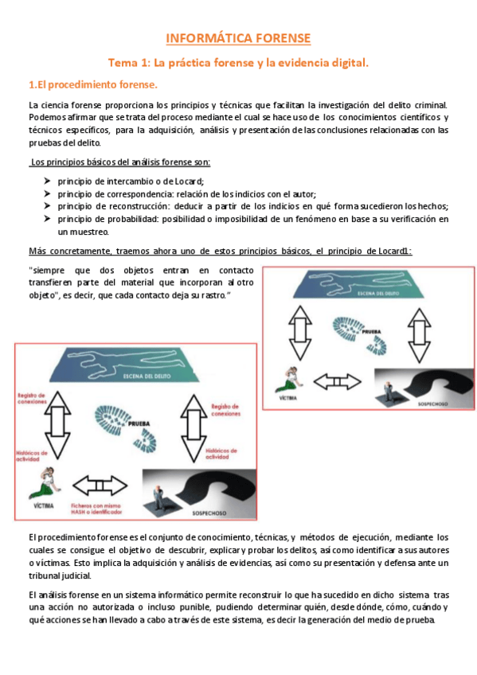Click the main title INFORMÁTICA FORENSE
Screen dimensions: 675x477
[238, 38]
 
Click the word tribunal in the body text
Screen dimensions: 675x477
[44, 575]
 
